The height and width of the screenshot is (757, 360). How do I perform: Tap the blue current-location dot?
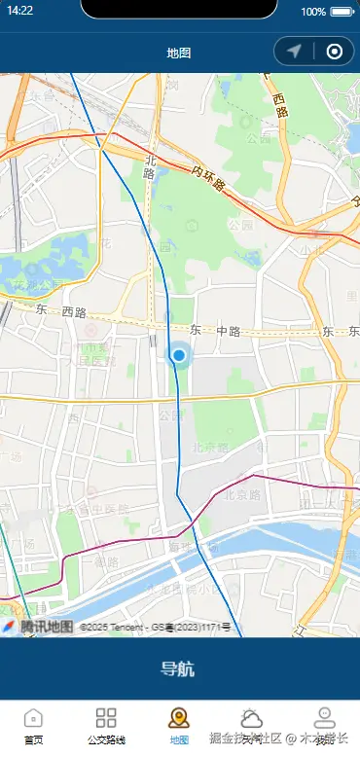pyautogui.click(x=178, y=356)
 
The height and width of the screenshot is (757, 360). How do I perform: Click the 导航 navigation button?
pyautogui.click(x=178, y=668)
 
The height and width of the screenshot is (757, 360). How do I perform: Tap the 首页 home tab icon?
pyautogui.click(x=33, y=718)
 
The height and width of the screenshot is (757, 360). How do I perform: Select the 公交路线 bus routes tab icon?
pyautogui.click(x=106, y=718)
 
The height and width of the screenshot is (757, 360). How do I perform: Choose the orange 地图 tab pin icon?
pyautogui.click(x=178, y=718)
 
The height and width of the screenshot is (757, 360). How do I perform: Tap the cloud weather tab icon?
pyautogui.click(x=252, y=718)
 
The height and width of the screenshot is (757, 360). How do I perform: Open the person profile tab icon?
pyautogui.click(x=324, y=718)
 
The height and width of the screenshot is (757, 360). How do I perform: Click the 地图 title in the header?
pyautogui.click(x=178, y=53)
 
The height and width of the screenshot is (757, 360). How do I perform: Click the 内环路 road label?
pyautogui.click(x=208, y=178)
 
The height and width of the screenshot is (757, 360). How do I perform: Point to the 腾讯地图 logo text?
pyautogui.click(x=46, y=627)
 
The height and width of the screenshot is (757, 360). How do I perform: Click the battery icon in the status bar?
pyautogui.click(x=342, y=12)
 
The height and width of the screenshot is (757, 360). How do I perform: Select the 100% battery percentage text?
pyautogui.click(x=313, y=12)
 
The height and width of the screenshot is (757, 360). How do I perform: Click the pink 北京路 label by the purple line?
pyautogui.click(x=243, y=493)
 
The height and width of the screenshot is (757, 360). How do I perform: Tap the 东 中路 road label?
pyautogui.click(x=215, y=331)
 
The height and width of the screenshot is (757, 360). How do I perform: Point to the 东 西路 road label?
pyautogui.click(x=61, y=312)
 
